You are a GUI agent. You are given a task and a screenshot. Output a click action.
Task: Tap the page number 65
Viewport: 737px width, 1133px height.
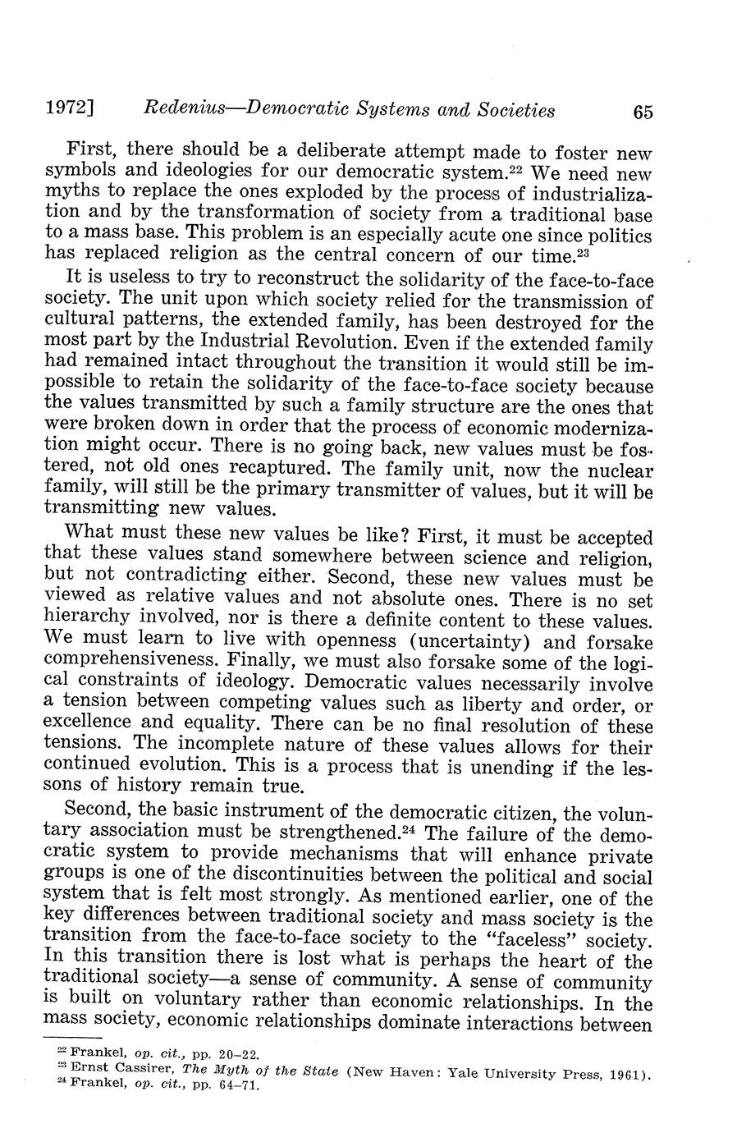[643, 111]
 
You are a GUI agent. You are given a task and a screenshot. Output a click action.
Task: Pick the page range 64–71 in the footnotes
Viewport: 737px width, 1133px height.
[236, 1088]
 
